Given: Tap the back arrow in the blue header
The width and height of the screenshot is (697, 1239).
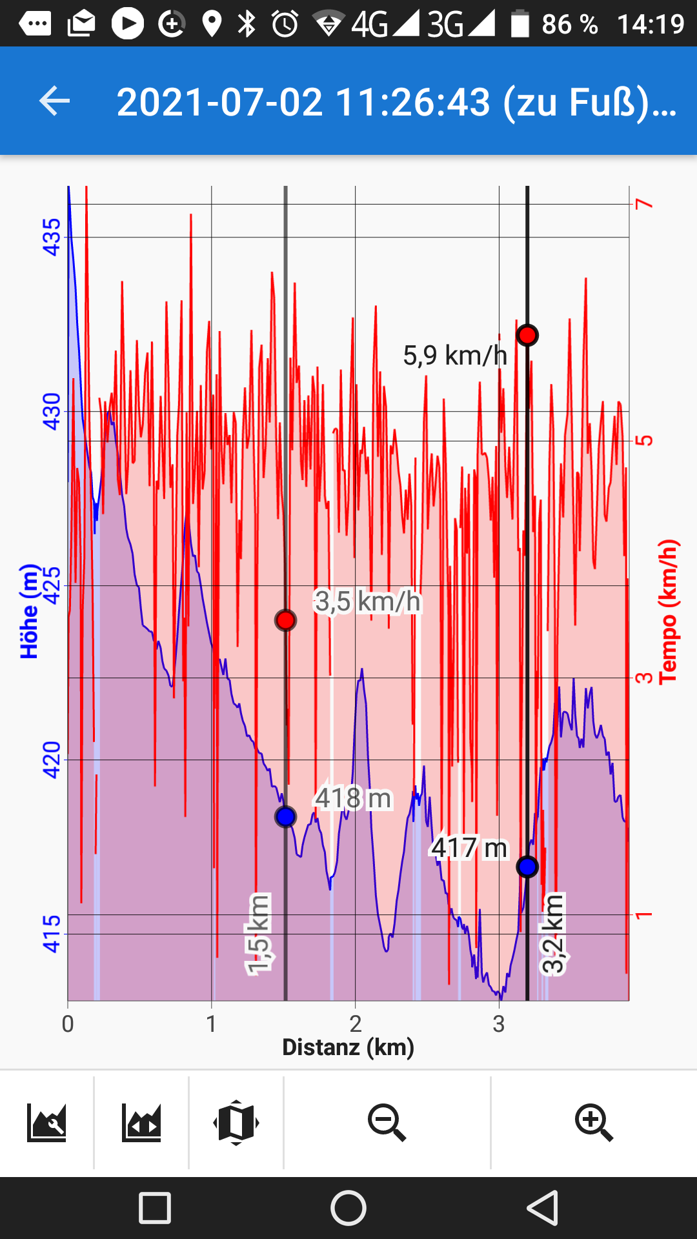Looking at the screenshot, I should (x=54, y=101).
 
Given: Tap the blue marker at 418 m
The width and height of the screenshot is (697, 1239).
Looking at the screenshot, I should (x=285, y=816).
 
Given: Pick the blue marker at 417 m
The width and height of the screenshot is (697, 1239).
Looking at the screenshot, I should (x=527, y=867).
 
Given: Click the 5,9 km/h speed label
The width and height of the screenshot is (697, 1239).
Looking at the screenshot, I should (x=455, y=356).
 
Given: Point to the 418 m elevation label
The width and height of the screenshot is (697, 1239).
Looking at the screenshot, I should (x=353, y=798).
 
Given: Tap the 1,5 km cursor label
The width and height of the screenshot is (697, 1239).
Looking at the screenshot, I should (x=258, y=934).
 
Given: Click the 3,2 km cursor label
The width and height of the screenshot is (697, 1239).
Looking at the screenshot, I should (x=553, y=934).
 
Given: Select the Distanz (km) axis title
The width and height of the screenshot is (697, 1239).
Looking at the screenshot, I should (x=348, y=1047).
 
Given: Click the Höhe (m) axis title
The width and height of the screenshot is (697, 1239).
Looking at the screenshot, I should (x=29, y=611).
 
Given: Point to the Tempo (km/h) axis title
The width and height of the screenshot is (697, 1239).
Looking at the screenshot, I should (x=668, y=611).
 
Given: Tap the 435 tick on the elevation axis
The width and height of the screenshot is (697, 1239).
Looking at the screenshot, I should (x=51, y=237).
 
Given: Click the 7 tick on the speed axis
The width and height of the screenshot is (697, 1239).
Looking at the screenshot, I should (x=644, y=204).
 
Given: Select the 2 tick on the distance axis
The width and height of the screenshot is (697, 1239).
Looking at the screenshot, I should (x=355, y=1024).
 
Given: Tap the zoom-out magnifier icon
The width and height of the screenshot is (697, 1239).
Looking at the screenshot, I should (x=387, y=1123).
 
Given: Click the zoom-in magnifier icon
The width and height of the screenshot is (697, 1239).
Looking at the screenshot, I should (x=594, y=1123).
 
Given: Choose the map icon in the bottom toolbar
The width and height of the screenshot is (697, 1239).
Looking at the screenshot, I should (x=236, y=1123).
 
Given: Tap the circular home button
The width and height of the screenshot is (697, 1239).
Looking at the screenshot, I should (x=348, y=1208).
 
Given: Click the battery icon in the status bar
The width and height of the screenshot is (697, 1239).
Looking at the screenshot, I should (x=520, y=24).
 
